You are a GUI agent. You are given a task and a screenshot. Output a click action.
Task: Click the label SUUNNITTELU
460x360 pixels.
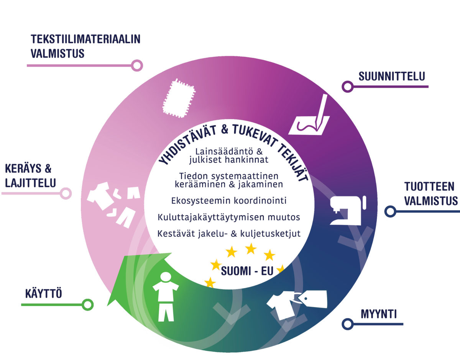tap(391, 76)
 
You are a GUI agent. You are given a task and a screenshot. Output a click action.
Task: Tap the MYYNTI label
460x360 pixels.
tap(378, 314)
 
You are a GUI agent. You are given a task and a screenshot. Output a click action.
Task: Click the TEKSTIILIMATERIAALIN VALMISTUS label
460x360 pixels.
tap(85, 46)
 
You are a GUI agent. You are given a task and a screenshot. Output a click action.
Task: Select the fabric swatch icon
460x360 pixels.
tap(178, 98)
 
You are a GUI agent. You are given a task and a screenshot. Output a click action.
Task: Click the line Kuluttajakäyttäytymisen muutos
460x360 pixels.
tap(228, 217)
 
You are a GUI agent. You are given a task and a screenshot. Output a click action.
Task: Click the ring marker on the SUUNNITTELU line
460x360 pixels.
tap(348, 87)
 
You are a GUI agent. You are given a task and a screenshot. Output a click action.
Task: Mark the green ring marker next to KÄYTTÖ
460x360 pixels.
tap(88, 305)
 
